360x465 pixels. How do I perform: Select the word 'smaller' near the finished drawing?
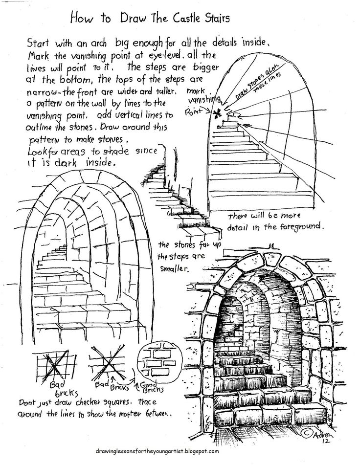pyautogui.click(x=175, y=269)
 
